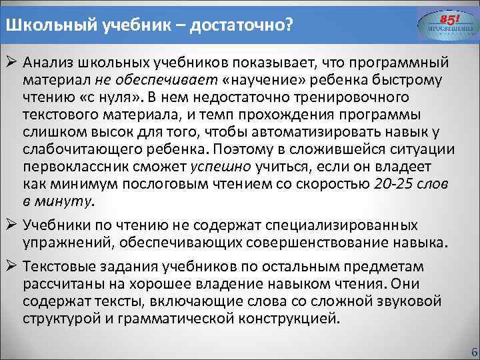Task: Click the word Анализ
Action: (50, 63)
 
